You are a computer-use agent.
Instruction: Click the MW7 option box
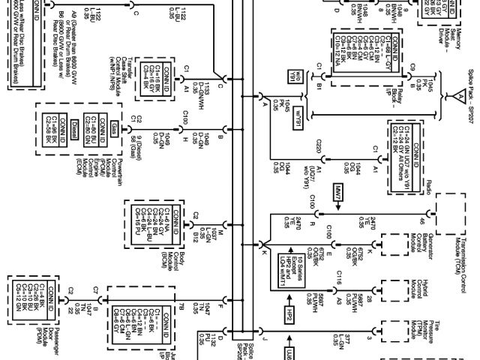(339, 193)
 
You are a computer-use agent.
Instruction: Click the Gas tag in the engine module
(114, 127)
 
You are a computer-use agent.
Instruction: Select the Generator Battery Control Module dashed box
(395, 244)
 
